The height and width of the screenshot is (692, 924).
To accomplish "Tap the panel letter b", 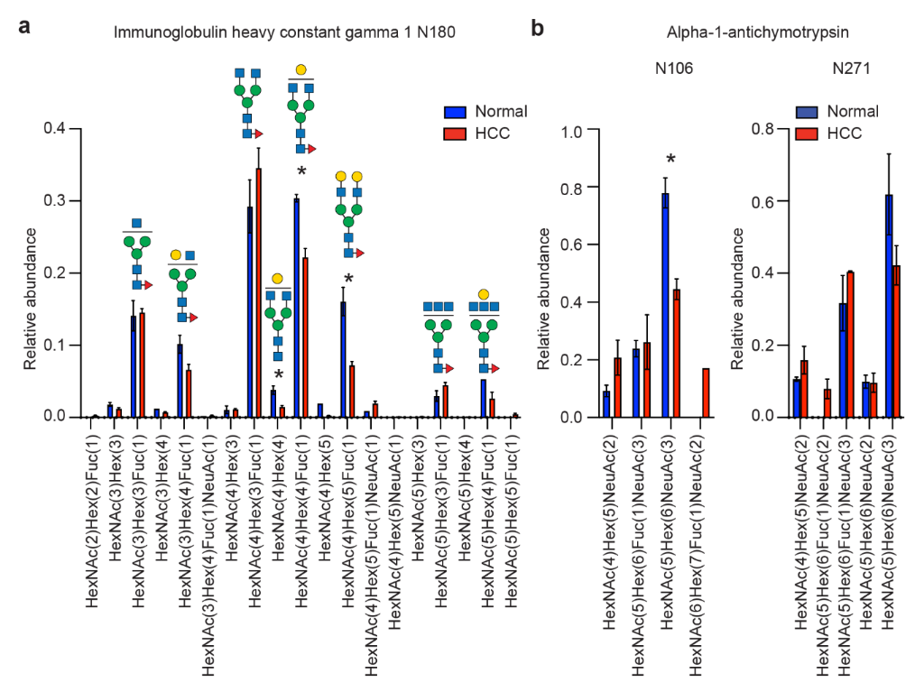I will (x=538, y=28).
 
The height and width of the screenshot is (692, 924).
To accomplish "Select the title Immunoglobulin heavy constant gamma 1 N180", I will (x=284, y=32).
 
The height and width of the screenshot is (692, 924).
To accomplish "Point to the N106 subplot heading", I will (x=675, y=68).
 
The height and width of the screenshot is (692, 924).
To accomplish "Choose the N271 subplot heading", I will (x=849, y=68).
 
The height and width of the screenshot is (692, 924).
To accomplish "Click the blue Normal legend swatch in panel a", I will (x=455, y=112).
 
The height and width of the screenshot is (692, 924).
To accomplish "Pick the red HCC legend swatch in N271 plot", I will (x=807, y=134).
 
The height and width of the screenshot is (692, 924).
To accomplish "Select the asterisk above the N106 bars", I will (x=670, y=161).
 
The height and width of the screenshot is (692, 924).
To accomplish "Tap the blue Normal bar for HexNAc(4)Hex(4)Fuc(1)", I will (x=297, y=308).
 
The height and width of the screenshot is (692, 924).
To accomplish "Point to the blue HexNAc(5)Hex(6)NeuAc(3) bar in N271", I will (x=889, y=306).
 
